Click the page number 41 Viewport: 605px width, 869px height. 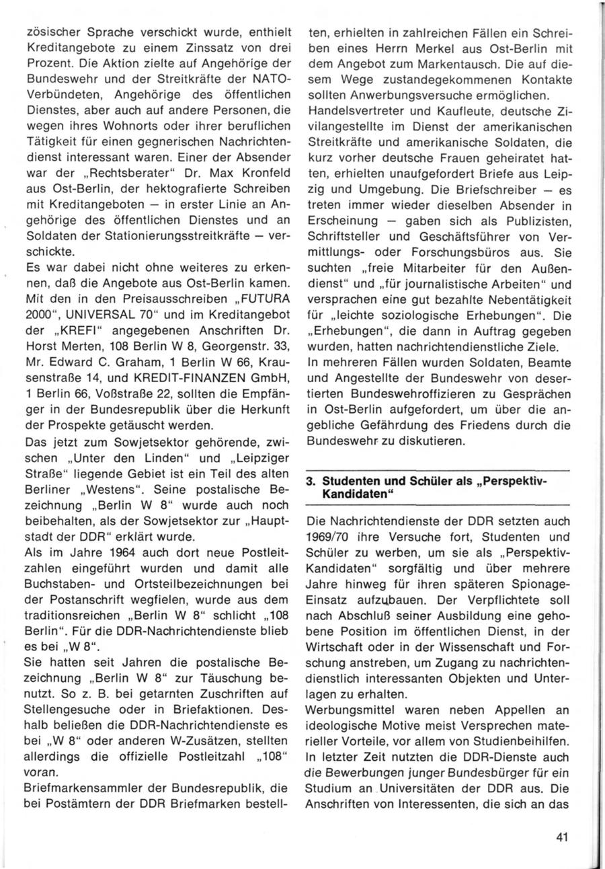point(563,837)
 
